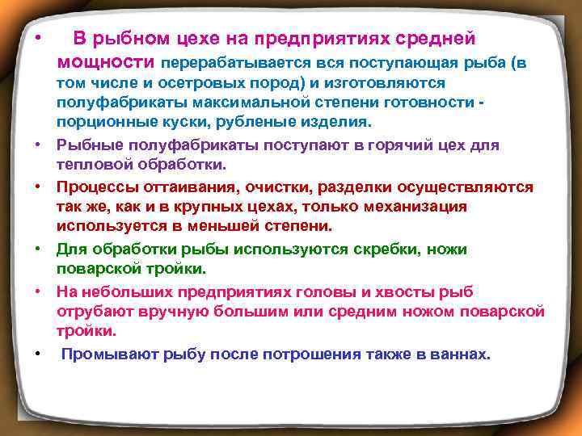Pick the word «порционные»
(x=96, y=123)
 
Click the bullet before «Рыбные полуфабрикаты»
(x=37, y=145)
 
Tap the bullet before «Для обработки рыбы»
(x=37, y=249)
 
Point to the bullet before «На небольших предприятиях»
(x=37, y=291)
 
